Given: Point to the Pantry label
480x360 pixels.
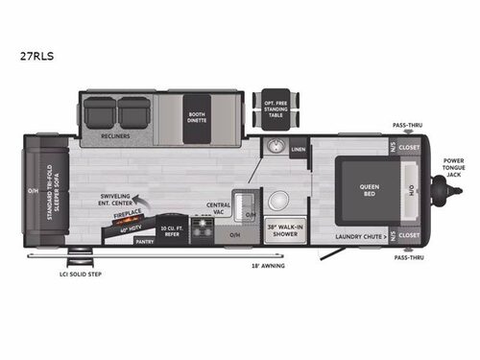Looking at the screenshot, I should (x=144, y=242).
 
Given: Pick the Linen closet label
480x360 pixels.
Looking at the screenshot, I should (x=298, y=150).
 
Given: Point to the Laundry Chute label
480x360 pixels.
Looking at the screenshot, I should (x=361, y=235).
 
